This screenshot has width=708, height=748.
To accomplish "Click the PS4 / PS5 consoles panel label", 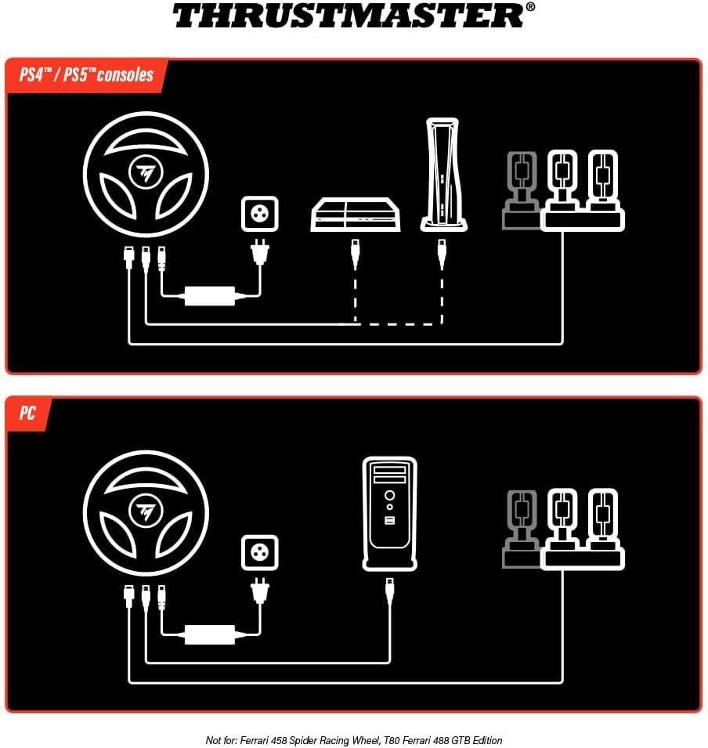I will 86,76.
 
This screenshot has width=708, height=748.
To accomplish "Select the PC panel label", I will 27,414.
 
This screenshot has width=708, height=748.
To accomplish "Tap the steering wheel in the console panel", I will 146,175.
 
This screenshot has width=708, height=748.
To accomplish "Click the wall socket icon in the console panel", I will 259,215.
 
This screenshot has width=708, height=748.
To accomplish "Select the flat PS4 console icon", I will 356,214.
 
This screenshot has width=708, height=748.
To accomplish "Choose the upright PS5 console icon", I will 443,175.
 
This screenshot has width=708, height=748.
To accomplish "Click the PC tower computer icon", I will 389,513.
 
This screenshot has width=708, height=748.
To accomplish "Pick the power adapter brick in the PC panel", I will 210,634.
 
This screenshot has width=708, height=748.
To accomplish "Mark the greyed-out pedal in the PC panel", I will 522,528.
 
